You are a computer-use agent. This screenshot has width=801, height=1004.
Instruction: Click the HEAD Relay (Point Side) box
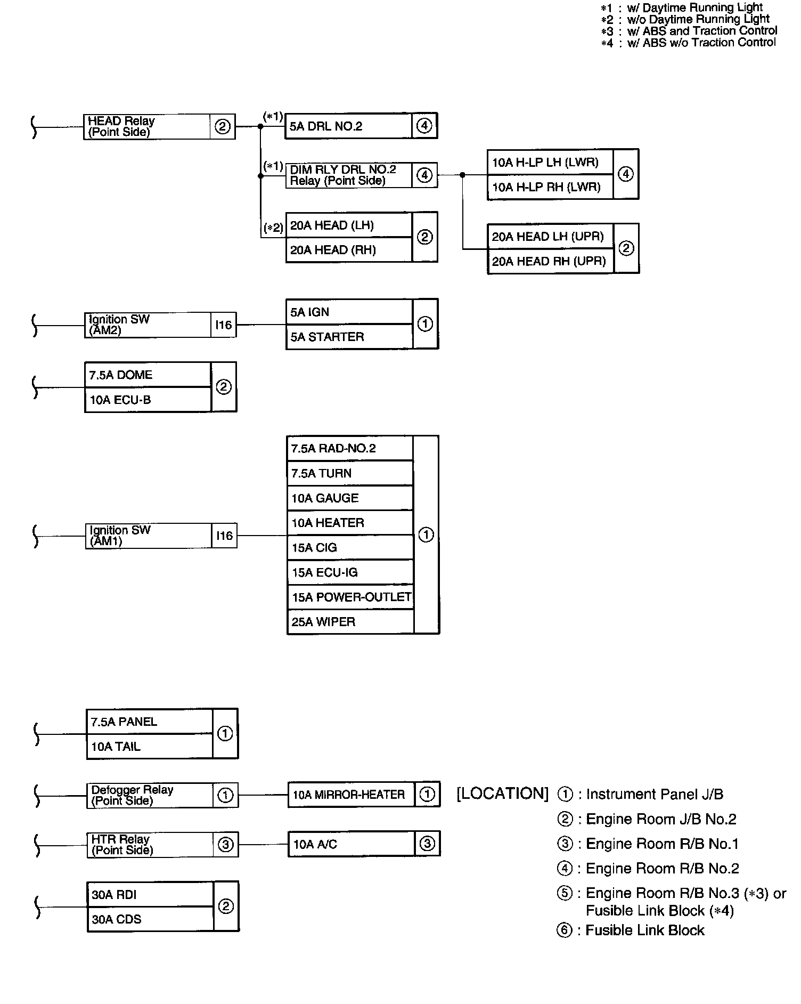coord(147,127)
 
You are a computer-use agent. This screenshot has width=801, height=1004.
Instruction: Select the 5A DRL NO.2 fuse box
coord(348,126)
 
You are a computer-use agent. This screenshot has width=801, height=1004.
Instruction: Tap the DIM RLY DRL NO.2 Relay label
coord(349,175)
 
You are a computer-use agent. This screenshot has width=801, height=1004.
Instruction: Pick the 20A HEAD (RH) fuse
coord(349,250)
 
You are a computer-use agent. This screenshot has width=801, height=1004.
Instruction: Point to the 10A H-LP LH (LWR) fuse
coord(550,162)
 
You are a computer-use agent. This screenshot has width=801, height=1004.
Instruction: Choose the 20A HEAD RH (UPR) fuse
coord(550,261)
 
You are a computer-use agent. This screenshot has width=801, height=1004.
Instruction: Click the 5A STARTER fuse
coord(349,337)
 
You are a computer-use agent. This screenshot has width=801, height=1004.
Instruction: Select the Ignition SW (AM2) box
coord(148,325)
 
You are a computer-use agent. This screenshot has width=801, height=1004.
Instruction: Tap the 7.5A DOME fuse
coord(148,375)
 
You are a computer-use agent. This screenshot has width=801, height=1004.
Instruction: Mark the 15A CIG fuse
coord(350,548)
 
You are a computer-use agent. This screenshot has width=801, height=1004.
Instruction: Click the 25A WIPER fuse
coord(350,622)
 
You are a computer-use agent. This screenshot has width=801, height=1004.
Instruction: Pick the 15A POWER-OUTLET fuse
coord(350,597)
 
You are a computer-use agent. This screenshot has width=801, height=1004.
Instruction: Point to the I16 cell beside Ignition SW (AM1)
coord(224,536)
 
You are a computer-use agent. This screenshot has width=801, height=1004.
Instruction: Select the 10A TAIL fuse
coord(149,747)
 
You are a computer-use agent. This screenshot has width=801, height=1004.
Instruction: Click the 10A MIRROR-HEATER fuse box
coord(350,795)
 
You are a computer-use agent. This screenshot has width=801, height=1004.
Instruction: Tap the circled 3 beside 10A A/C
coord(427,844)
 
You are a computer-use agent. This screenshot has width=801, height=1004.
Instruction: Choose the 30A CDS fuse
coord(150,919)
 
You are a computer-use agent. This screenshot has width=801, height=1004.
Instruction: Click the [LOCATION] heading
coord(502,794)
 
